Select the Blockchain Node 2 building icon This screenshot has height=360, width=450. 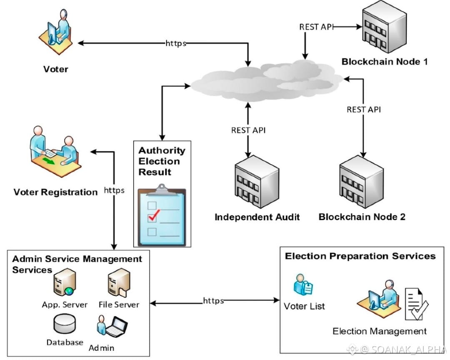click(361, 182)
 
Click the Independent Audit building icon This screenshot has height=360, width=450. click(256, 182)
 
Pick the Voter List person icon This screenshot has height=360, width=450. click(303, 285)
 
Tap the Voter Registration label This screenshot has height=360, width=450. click(55, 192)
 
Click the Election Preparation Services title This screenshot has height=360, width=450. click(360, 256)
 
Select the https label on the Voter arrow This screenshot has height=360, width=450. click(176, 43)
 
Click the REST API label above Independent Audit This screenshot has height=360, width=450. click(248, 130)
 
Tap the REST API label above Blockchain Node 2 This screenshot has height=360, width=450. click(364, 110)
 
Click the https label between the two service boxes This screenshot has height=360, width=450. click(213, 300)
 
